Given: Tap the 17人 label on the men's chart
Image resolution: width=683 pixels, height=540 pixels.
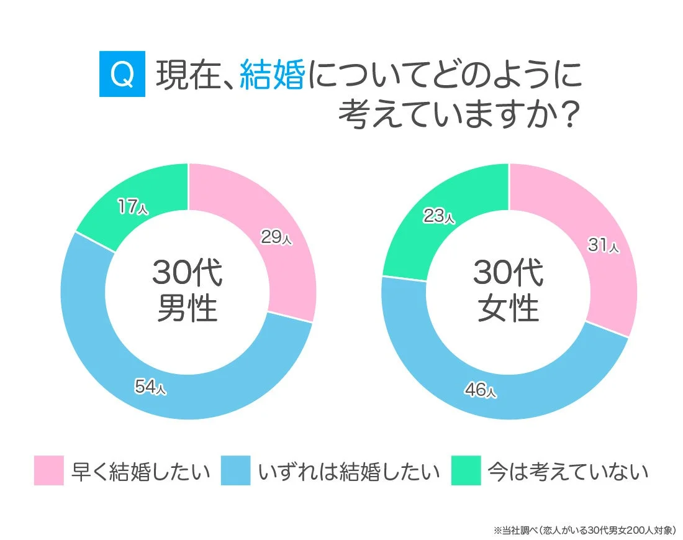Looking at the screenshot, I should point(133,207).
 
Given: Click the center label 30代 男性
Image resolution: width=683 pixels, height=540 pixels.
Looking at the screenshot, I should point(188,290).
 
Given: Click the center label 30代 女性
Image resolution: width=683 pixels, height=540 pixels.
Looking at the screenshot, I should point(509,290).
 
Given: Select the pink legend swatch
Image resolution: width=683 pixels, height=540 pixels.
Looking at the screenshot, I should point(48,470).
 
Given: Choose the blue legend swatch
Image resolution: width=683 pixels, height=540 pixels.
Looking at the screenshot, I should point(235,470).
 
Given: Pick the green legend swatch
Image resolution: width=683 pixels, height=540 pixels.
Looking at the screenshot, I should point(466,470).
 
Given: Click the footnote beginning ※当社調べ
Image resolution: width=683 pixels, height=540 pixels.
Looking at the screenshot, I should point(584,530).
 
